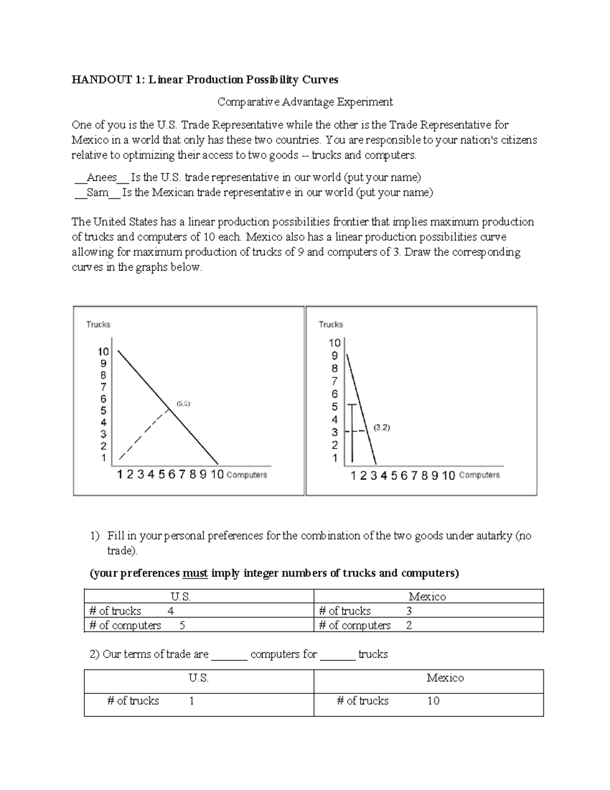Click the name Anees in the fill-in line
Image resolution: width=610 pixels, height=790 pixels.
(x=102, y=178)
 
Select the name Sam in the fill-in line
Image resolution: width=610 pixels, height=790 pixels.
(x=97, y=193)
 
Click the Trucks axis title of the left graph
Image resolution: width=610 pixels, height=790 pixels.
(x=98, y=325)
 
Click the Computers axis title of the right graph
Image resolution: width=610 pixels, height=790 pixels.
(x=479, y=475)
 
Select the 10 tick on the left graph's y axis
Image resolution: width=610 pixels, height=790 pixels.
(x=103, y=352)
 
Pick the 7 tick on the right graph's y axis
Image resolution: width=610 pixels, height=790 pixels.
(x=334, y=381)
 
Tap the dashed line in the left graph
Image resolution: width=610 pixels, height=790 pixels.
(x=144, y=432)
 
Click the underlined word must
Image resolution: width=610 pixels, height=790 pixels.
(x=195, y=573)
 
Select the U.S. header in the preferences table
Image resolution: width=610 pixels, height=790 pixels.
(x=180, y=597)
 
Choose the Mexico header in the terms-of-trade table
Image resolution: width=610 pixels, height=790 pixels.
(x=445, y=678)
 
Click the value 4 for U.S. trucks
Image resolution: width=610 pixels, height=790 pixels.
(x=171, y=611)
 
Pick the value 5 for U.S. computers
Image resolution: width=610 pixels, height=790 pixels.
(x=182, y=625)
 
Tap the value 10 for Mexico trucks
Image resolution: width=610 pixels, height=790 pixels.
(x=433, y=701)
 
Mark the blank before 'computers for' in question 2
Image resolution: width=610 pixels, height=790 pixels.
(x=229, y=655)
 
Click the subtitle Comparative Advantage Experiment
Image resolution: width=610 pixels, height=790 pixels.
(x=305, y=102)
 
